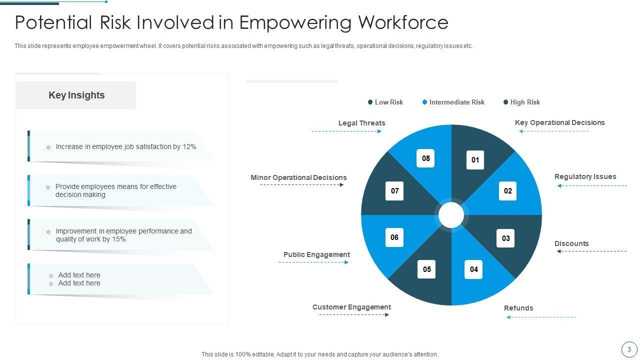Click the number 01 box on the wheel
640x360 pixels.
click(475, 160)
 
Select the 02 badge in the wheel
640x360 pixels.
click(507, 191)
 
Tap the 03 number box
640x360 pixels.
click(505, 238)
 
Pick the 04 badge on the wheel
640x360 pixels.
click(473, 269)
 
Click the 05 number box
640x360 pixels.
click(426, 269)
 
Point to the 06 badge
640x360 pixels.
click(394, 237)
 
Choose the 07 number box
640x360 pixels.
click(394, 191)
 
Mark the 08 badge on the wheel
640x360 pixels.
click(425, 158)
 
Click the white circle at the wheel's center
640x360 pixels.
click(451, 215)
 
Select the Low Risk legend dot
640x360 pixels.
click(370, 102)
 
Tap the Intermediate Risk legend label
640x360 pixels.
click(456, 102)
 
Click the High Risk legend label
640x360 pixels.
click(525, 102)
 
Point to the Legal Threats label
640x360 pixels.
click(361, 123)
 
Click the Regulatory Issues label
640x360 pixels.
click(585, 176)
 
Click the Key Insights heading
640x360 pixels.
click(76, 95)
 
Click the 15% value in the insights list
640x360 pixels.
click(119, 239)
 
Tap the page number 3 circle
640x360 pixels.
click(629, 349)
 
